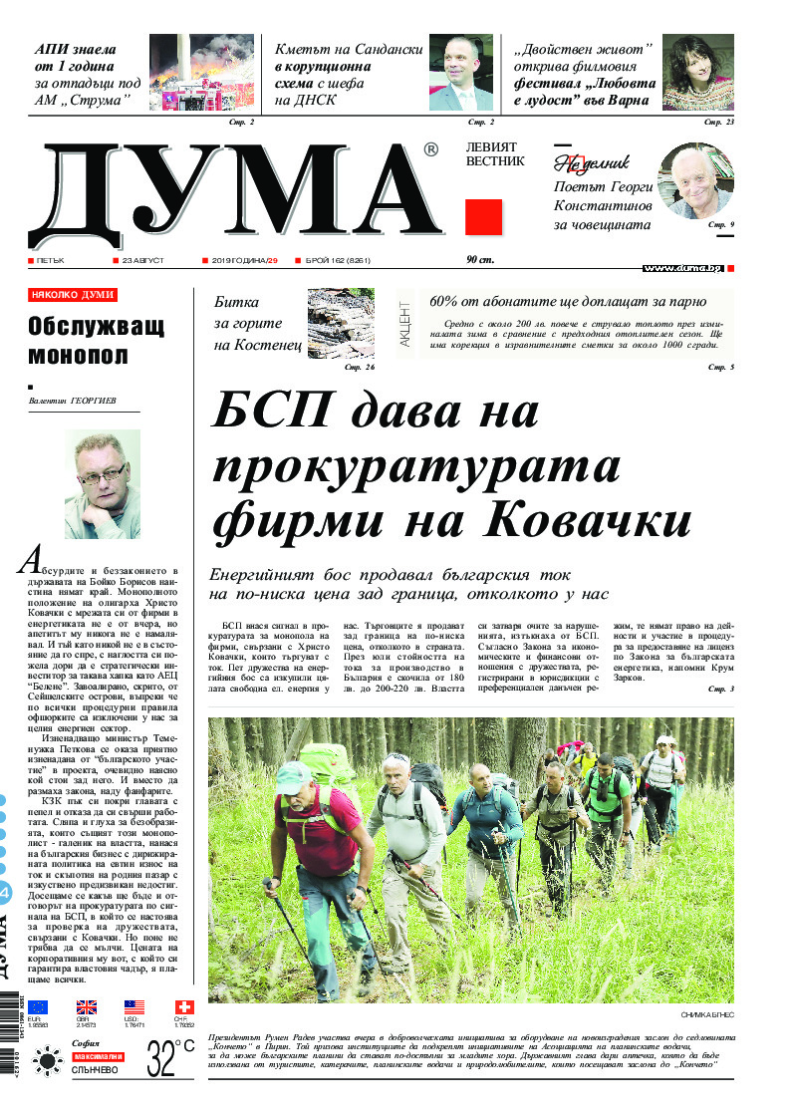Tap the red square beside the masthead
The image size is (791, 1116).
483,216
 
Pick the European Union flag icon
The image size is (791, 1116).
38,1007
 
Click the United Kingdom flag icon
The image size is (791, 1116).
87,1007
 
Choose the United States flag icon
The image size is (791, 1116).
134,1007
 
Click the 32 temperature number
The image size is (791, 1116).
162,1057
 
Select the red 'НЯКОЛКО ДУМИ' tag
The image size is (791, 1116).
73,295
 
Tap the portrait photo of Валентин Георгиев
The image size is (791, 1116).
103,484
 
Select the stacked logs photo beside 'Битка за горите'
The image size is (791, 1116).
341,321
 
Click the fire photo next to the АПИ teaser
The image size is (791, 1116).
202,74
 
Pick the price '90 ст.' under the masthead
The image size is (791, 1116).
481,260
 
